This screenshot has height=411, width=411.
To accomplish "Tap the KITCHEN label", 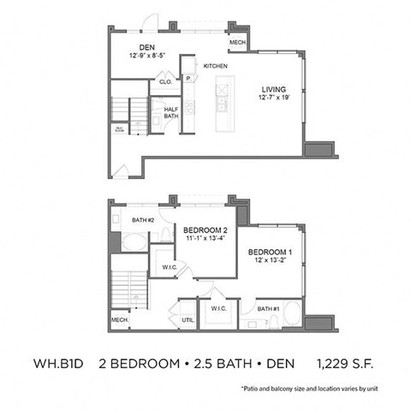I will pos(216,66).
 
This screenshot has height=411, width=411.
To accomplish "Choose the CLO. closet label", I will pos(164,83).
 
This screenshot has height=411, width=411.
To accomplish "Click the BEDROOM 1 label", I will pos(271,253).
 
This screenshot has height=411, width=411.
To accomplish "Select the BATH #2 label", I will pos(143,220).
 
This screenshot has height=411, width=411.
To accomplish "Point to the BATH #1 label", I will pos(268,307).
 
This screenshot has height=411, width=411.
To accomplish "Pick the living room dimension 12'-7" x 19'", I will pos(274,98).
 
